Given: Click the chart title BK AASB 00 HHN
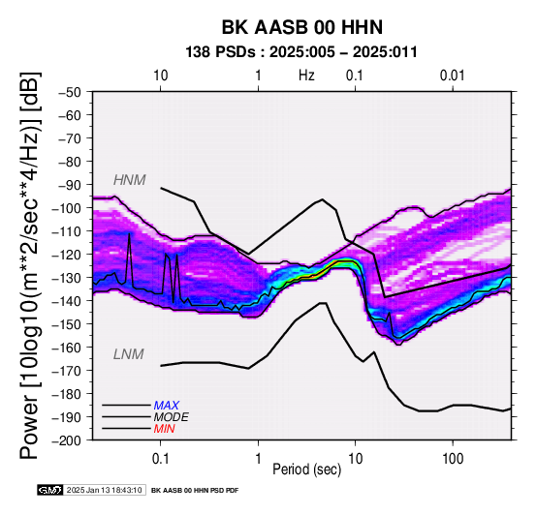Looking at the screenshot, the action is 302,27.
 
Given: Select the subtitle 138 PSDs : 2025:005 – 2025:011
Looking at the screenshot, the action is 301,52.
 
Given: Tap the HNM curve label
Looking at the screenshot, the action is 130,180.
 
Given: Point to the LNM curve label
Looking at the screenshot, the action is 128,354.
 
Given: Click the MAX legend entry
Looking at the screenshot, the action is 166,406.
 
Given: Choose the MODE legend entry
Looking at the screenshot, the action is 171,417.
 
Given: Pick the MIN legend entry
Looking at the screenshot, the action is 164,429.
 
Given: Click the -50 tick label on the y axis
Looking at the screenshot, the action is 69,92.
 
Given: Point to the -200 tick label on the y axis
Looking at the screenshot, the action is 67,440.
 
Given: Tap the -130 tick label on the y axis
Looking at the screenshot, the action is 67,278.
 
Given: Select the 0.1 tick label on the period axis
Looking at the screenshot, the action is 160,459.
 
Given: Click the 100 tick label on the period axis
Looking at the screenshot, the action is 453,459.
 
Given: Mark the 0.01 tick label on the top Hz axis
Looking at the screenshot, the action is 452,76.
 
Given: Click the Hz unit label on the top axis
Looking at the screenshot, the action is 306,76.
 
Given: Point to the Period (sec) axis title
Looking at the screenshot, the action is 307,470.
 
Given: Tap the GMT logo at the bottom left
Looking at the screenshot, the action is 50,490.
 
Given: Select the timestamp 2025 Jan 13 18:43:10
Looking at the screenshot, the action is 104,490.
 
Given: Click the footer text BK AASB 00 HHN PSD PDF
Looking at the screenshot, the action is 195,491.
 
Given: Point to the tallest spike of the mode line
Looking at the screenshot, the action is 129,234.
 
